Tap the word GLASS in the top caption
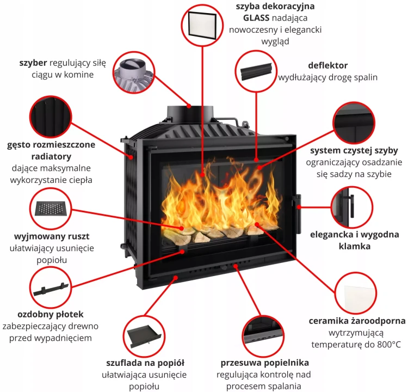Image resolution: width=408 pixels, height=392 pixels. click(x=257, y=17)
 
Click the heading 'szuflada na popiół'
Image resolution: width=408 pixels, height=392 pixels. click(x=145, y=363)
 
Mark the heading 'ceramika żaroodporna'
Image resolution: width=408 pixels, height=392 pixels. click(x=357, y=321)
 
